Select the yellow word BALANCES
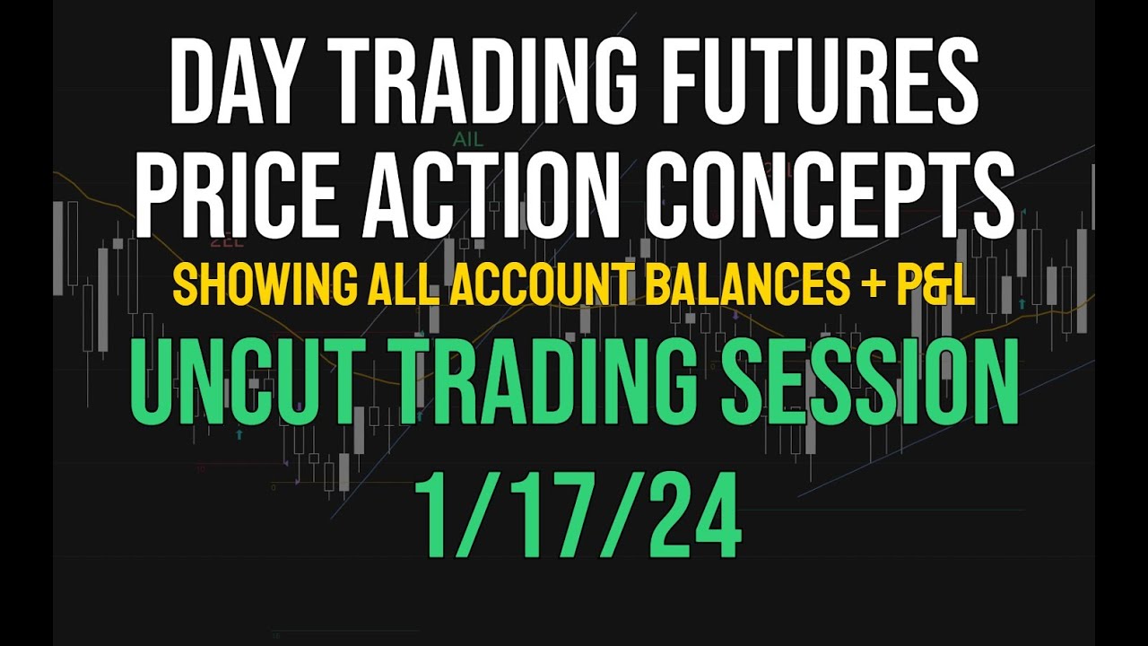click(759, 285)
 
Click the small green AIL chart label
click(466, 140)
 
